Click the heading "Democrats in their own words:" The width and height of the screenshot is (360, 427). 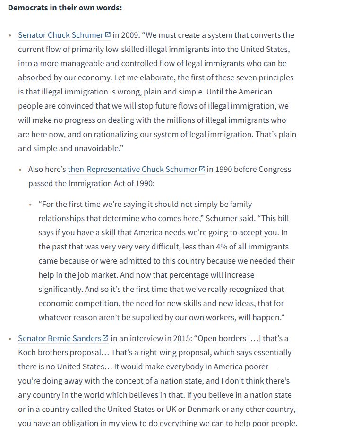tap(65, 8)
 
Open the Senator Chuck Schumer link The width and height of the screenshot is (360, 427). tap(60, 35)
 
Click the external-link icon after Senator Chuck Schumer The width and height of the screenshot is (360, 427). tap(108, 34)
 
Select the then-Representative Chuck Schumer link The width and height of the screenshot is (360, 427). tap(132, 169)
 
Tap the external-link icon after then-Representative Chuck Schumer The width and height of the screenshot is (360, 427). tap(202, 169)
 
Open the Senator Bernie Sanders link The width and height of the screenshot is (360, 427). tap(60, 338)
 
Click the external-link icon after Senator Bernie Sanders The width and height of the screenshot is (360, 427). tap(106, 338)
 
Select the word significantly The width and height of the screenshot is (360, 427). tap(62, 289)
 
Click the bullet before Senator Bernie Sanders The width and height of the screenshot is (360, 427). tap(10, 339)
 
